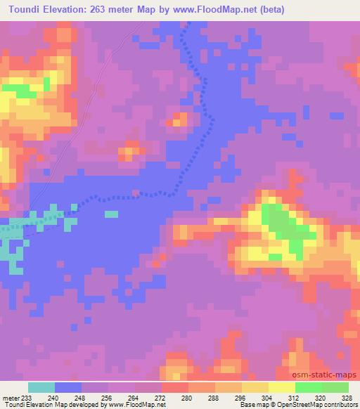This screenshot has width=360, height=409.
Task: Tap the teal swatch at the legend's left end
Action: [41, 387]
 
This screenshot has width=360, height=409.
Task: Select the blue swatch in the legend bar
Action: [68, 387]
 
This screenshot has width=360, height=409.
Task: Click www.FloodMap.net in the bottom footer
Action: [139, 405]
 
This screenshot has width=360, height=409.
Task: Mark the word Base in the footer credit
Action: [245, 405]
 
